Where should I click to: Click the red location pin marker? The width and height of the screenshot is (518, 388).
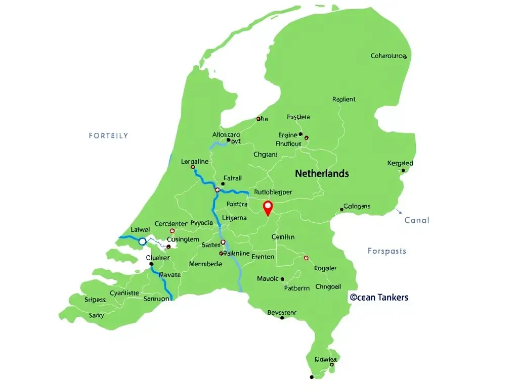[268, 207]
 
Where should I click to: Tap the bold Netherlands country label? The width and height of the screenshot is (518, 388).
[322, 173]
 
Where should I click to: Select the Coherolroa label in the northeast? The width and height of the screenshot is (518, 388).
[388, 56]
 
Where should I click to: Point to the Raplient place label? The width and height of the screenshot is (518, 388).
[344, 100]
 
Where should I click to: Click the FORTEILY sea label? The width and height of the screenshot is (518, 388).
[108, 135]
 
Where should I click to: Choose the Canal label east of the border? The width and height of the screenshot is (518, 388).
[417, 220]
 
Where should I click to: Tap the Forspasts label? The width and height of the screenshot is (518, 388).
[387, 251]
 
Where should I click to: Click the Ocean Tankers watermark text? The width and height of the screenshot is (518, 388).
[379, 297]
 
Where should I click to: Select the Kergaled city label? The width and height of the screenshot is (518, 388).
[400, 163]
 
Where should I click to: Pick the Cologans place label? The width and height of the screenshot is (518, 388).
[357, 206]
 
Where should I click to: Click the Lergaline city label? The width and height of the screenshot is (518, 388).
[195, 162]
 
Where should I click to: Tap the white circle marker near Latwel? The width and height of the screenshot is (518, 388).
[142, 241]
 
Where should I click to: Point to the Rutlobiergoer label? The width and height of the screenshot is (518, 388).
[273, 192]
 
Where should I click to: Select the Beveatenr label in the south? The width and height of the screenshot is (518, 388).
[282, 313]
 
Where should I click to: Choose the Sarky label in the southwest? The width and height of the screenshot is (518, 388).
[97, 315]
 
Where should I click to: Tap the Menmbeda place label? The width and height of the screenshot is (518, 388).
[205, 264]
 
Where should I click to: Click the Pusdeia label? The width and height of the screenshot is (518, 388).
[298, 117]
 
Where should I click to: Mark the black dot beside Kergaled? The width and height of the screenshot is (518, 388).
[403, 170]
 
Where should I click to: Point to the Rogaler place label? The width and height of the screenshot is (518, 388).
[325, 268]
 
